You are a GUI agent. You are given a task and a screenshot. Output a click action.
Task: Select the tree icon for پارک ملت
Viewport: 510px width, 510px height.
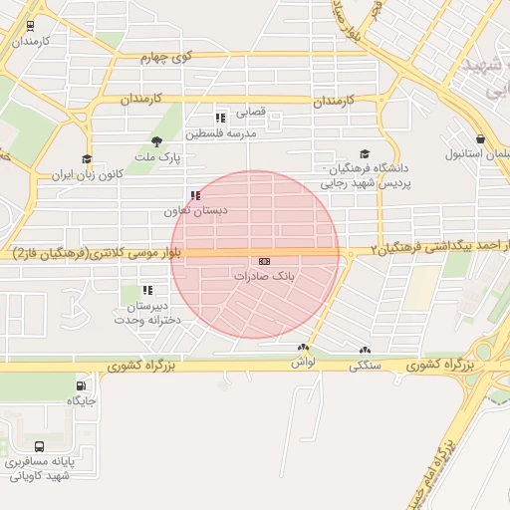pos(156,141)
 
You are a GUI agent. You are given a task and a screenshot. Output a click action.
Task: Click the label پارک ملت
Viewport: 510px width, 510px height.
pos(158,157)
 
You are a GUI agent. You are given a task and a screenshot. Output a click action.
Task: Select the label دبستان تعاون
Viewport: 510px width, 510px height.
pos(196,212)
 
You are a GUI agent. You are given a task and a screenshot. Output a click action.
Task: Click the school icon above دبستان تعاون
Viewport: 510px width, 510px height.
pos(195,195)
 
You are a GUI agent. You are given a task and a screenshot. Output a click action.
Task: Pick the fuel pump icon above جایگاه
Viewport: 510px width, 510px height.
pos(81,385)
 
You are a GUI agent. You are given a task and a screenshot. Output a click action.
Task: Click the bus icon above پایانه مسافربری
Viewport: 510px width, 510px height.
pos(38,446)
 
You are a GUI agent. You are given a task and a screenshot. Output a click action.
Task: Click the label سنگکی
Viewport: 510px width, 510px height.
pos(364,366)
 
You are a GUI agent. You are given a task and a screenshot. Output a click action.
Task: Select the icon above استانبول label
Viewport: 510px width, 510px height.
pos(481,138)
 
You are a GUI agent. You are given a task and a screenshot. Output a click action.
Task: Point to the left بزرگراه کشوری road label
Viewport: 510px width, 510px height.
pos(138,367)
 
